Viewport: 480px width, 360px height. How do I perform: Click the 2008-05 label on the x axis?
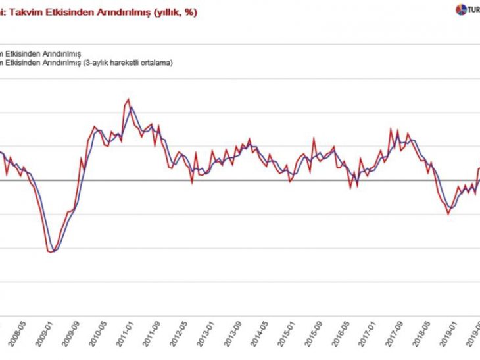pyautogui.click(x=20, y=332)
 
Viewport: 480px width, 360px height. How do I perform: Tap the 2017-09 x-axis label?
pyautogui.click(x=400, y=332)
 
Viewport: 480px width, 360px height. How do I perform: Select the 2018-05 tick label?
pyautogui.click(x=427, y=332)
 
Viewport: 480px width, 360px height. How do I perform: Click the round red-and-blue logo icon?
pyautogui.click(x=459, y=10)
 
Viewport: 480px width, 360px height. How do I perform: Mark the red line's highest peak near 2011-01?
pyautogui.click(x=128, y=100)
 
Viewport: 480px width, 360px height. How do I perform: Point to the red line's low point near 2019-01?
pyautogui.click(x=448, y=213)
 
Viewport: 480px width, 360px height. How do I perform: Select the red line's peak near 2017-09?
pyautogui.click(x=392, y=128)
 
